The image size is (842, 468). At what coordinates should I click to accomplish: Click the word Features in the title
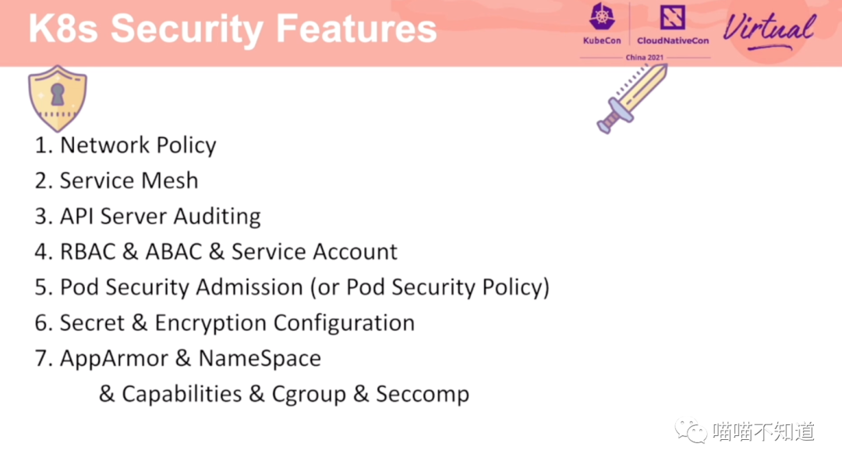pyautogui.click(x=356, y=28)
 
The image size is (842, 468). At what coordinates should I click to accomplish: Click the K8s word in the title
pyautogui.click(x=63, y=28)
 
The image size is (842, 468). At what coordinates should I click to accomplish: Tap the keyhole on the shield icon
pyautogui.click(x=58, y=94)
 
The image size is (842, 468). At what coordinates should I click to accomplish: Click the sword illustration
pyautogui.click(x=632, y=98)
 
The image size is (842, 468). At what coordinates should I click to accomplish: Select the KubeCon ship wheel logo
pyautogui.click(x=602, y=16)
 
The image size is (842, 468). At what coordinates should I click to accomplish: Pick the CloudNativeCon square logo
pyautogui.click(x=672, y=17)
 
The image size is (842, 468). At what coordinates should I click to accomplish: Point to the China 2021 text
pyautogui.click(x=645, y=58)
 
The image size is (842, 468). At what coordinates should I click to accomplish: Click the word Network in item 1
pyautogui.click(x=104, y=146)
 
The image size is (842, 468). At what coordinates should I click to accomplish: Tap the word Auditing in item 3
pyautogui.click(x=217, y=216)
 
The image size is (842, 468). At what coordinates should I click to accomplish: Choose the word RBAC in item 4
pyautogui.click(x=87, y=252)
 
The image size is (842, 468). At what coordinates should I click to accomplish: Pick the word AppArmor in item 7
pyautogui.click(x=114, y=359)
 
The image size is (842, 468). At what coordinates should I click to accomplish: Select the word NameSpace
pyautogui.click(x=260, y=359)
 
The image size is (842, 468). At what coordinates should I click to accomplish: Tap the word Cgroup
pyautogui.click(x=309, y=395)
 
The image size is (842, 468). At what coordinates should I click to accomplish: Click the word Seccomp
pyautogui.click(x=423, y=395)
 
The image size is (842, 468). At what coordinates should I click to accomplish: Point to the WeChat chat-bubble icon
pyautogui.click(x=691, y=431)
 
